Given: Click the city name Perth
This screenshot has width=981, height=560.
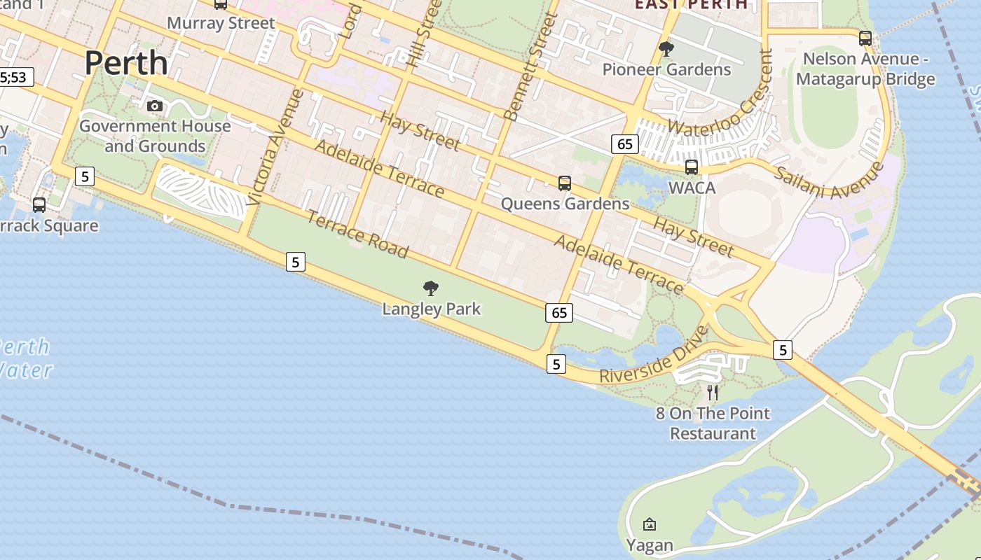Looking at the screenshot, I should coord(126,63).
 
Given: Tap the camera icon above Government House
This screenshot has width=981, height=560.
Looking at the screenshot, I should coord(155,106).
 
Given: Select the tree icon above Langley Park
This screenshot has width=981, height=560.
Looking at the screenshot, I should coord(431,288).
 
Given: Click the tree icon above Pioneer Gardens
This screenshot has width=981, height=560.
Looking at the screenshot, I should coord(666,49).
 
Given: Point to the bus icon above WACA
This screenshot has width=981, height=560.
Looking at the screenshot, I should coord(692,167).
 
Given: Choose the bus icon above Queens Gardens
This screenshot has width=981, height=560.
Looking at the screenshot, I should coord(565,183).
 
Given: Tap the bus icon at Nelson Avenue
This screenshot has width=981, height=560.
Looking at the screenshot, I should coord(865,38).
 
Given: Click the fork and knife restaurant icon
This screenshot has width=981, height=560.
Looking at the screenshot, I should coord(713,393).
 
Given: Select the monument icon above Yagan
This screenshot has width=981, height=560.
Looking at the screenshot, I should coord(650,524).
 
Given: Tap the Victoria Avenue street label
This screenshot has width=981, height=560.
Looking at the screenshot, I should coord(275,147).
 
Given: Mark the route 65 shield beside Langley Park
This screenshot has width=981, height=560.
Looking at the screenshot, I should coord(559,313).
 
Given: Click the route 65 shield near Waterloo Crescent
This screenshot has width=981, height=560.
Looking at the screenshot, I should coord(625,144).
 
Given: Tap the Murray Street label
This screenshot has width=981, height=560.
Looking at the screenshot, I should coord(221,23).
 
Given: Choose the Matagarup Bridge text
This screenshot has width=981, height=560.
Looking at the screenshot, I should coord(865,79).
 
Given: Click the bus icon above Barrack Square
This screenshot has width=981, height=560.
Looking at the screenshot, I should coord(39,205).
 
